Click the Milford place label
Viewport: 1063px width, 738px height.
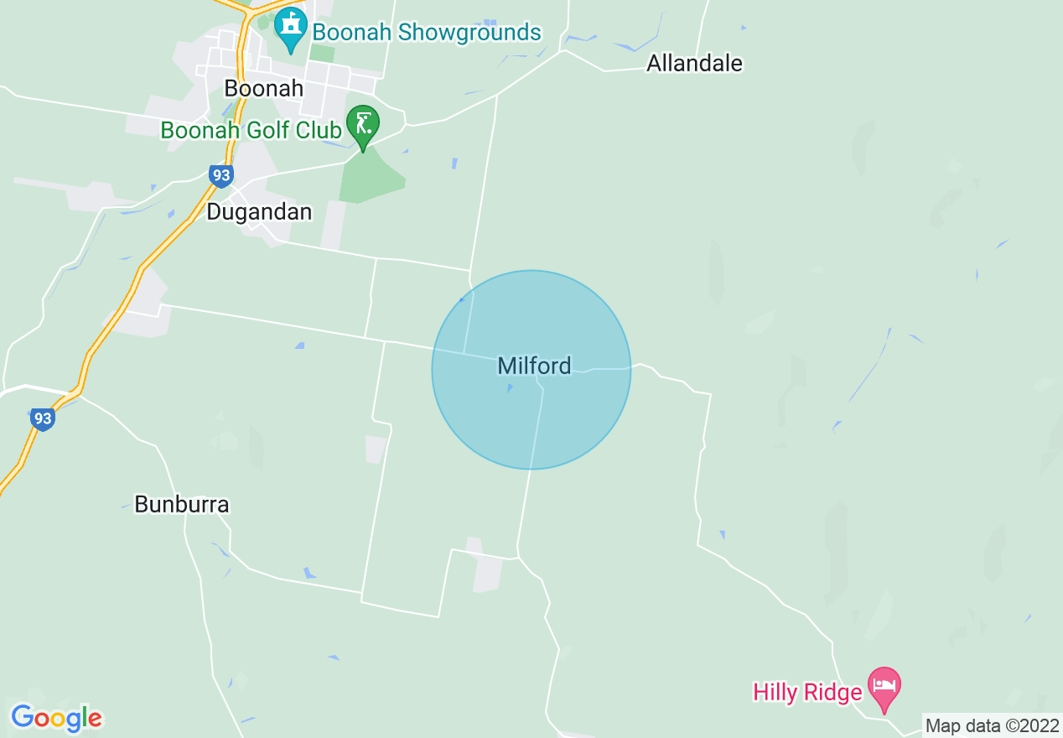[x=534, y=366]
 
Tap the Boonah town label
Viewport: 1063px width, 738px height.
[x=264, y=88]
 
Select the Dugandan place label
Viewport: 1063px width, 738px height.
[x=259, y=211]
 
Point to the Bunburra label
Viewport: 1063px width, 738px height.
[x=181, y=504]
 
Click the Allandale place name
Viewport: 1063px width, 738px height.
[x=694, y=63]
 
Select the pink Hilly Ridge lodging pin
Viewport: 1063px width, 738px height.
[x=883, y=686]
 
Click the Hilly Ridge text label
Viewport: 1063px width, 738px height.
[x=807, y=692]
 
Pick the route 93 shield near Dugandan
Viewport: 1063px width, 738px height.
[x=220, y=175]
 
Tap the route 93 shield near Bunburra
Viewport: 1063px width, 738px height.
[x=42, y=418]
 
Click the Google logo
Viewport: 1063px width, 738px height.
[x=56, y=718]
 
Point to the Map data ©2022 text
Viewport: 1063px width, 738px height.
[x=990, y=725]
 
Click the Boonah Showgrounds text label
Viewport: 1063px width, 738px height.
[x=427, y=33]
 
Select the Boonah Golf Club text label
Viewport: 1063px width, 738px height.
[x=251, y=130]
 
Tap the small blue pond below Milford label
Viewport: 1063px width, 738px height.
[x=509, y=388]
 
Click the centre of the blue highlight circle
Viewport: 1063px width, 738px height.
[x=531, y=369]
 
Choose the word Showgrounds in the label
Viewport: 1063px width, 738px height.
[x=469, y=33]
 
